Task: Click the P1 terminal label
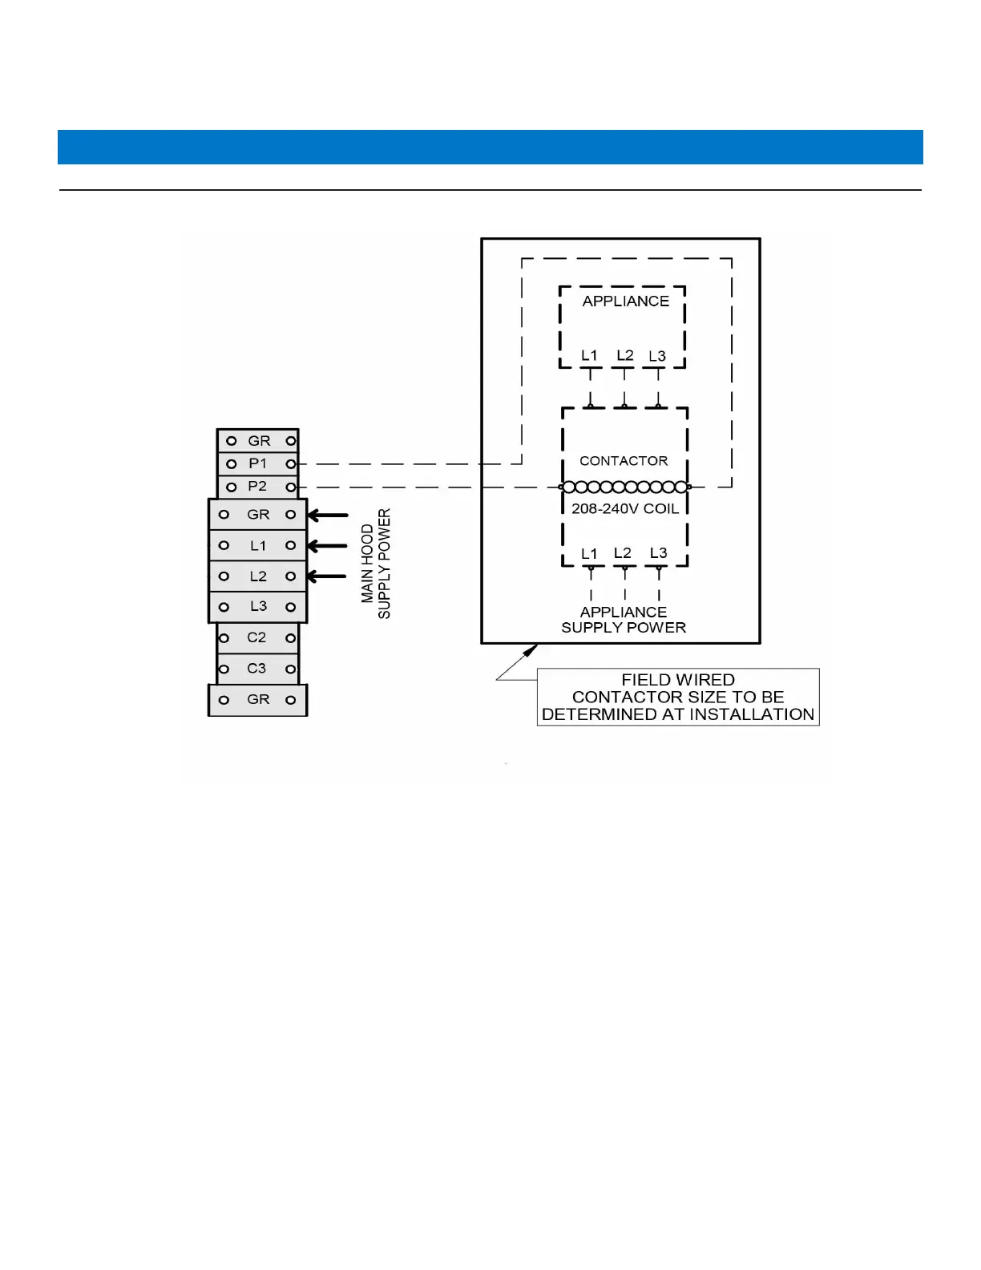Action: pyautogui.click(x=257, y=463)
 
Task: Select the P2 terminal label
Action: pyautogui.click(x=257, y=486)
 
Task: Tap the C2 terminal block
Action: pyautogui.click(x=256, y=637)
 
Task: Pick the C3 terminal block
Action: pyautogui.click(x=256, y=668)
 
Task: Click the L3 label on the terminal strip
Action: pyautogui.click(x=258, y=606)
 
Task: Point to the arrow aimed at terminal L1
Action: pyautogui.click(x=327, y=545)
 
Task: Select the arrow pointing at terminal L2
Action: pyautogui.click(x=327, y=576)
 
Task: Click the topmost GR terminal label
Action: pyautogui.click(x=259, y=441)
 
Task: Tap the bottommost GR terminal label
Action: pyautogui.click(x=258, y=699)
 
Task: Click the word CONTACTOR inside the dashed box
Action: pyautogui.click(x=624, y=461)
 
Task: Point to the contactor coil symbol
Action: pyautogui.click(x=625, y=487)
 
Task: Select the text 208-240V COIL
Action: pyautogui.click(x=625, y=508)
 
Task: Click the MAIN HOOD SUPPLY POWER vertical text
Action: pyautogui.click(x=376, y=563)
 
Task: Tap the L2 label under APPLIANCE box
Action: pyautogui.click(x=624, y=355)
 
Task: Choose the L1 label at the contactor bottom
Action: pyautogui.click(x=589, y=553)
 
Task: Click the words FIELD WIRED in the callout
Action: pyautogui.click(x=678, y=680)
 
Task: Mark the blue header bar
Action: pyautogui.click(x=490, y=147)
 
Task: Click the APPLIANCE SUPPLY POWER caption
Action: pyautogui.click(x=624, y=620)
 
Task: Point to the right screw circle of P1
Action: pyautogui.click(x=291, y=463)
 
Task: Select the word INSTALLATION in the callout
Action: pyautogui.click(x=752, y=714)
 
